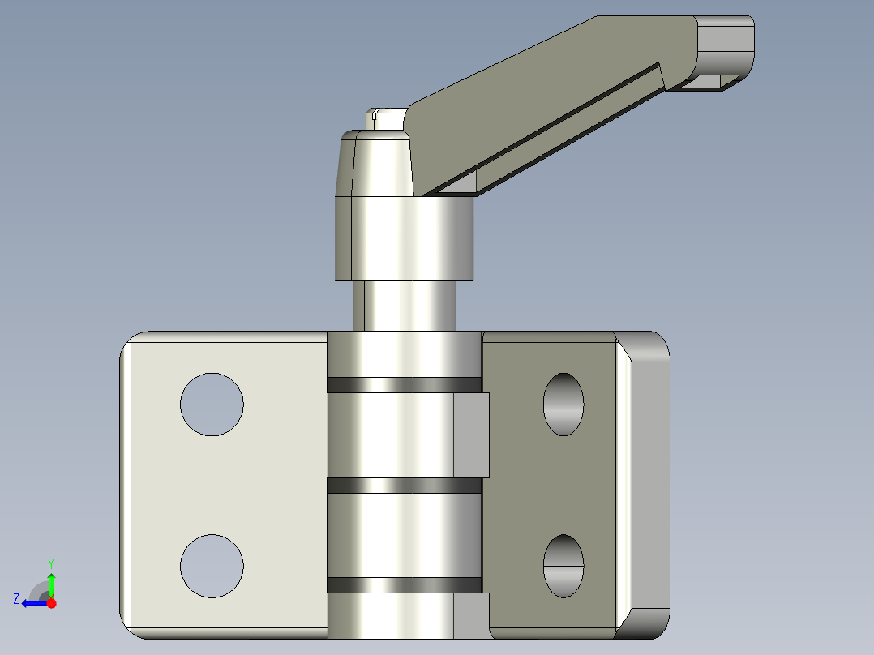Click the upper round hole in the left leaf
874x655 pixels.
[x=212, y=405]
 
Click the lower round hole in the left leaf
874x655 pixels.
[x=212, y=566]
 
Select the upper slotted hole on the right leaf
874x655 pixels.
[x=563, y=404]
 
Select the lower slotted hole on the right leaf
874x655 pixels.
[x=563, y=566]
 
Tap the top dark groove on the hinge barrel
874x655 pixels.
[x=404, y=385]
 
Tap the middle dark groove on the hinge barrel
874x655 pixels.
[x=404, y=486]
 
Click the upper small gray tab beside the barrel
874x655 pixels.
[x=471, y=435]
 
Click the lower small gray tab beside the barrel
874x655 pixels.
[x=471, y=614]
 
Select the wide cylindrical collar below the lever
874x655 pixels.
[x=404, y=239]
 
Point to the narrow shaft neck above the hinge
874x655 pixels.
[x=404, y=306]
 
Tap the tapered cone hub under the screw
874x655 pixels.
[x=377, y=165]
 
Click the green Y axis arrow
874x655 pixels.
[x=51, y=582]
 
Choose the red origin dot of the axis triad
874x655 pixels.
[x=51, y=603]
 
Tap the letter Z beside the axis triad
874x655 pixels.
[x=15, y=598]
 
